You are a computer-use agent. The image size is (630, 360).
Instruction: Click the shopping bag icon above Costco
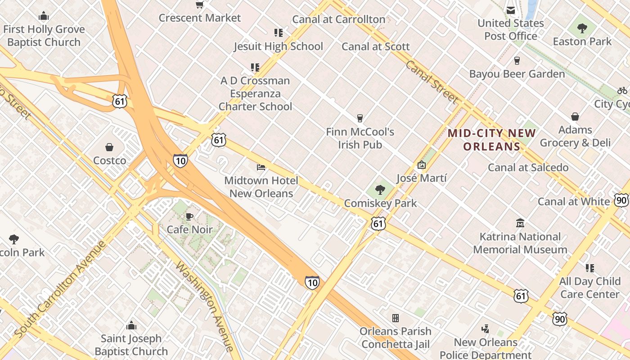point(109,147)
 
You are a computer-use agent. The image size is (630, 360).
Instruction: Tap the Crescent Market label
point(200,18)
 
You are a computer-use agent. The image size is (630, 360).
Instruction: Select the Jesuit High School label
point(278,46)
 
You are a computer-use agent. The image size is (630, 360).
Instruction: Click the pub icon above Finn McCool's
point(360,118)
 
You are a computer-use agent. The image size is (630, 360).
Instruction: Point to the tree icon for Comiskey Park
point(380,190)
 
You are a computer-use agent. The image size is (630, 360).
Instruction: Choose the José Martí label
point(422,178)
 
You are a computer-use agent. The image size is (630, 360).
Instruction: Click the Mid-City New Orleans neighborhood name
point(492,139)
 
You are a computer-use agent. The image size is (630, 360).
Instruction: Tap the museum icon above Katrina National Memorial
point(520,223)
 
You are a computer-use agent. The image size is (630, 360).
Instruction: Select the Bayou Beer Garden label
point(517,74)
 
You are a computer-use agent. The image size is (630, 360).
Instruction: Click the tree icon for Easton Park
point(582,29)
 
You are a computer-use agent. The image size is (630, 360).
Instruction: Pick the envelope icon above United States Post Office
point(511,10)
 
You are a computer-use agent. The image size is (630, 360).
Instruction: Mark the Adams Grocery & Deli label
point(575,136)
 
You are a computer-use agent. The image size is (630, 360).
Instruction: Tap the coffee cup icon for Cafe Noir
point(189,216)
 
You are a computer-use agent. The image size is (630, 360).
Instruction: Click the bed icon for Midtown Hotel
point(261,167)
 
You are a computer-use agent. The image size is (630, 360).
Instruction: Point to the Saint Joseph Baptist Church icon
point(131,325)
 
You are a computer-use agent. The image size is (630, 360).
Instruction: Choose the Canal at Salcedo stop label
point(528,167)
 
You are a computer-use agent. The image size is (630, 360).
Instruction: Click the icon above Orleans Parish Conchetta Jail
point(396,318)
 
